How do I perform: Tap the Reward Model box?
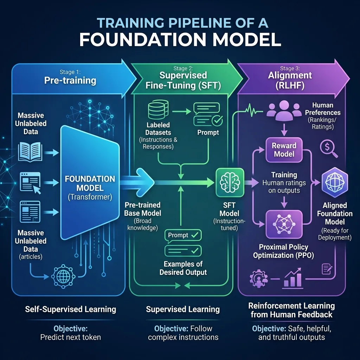[284, 150]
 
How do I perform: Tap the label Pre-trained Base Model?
[142, 209]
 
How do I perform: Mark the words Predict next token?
[71, 337]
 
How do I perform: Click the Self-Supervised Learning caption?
[71, 309]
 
